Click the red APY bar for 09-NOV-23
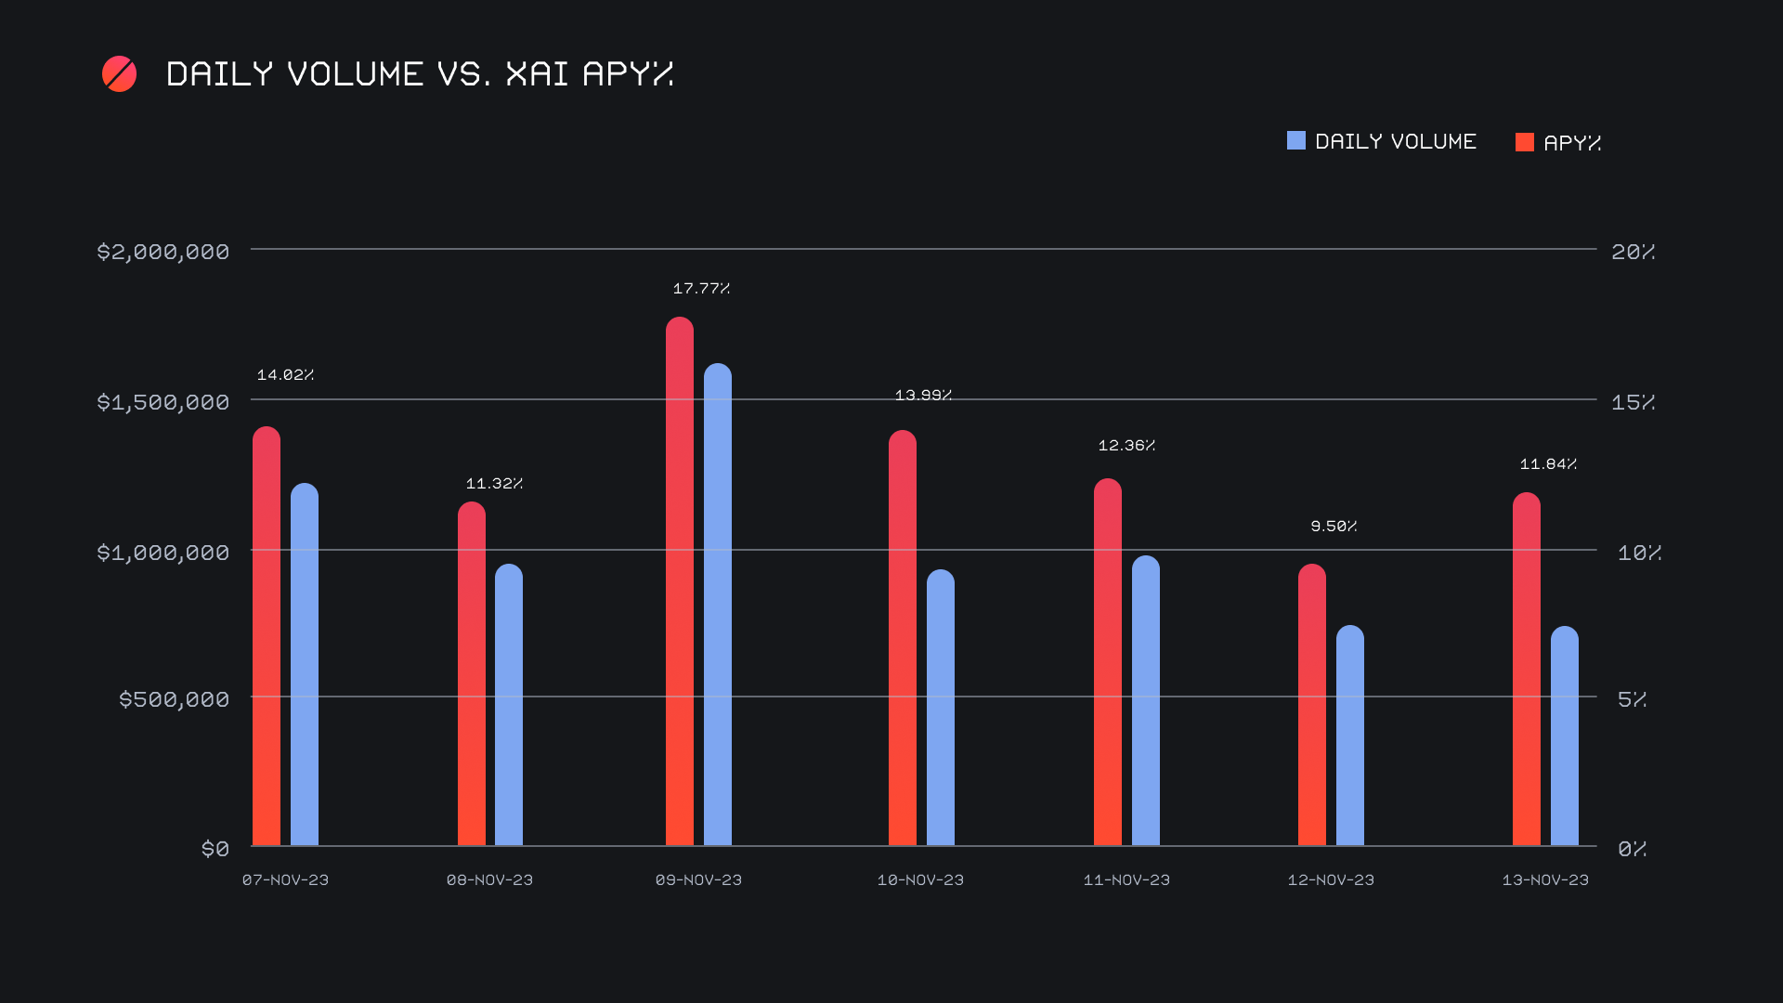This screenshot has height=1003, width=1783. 680,581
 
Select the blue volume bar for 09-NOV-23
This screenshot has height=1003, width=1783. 718,605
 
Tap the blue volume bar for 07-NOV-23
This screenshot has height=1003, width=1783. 305,664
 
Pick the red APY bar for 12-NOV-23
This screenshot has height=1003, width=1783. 1312,705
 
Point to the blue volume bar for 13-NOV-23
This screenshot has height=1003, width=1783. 1565,736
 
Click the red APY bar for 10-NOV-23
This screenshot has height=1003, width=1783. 903,638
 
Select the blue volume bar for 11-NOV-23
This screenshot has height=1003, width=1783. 1146,700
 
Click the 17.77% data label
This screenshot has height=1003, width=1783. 701,289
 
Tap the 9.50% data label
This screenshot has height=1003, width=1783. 1334,527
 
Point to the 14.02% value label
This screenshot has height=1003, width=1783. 285,375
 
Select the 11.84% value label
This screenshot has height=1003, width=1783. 1548,464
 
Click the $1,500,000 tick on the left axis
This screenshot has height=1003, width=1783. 163,402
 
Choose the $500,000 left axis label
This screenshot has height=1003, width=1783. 174,699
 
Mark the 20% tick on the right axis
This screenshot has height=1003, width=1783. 1633,252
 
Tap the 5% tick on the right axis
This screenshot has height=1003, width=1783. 1632,699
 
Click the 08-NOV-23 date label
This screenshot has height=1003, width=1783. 489,879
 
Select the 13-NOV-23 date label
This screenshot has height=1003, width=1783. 1545,879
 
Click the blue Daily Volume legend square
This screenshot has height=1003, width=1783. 1296,141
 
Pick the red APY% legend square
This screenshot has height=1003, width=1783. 1525,142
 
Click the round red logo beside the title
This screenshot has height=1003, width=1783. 120,74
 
